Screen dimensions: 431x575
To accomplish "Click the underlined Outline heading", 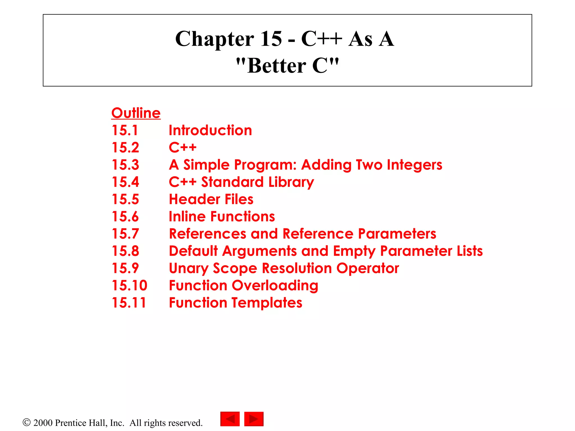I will coord(136,113).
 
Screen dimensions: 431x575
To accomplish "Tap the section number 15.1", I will coord(125,130).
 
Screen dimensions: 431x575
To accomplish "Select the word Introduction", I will coord(210,130).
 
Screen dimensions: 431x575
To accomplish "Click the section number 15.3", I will coord(125,165).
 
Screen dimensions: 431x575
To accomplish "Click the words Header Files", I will coord(211,199).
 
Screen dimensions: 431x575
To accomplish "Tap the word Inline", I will coord(187,217).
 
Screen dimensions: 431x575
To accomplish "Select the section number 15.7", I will coord(125,234).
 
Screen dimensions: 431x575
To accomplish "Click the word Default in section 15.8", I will coord(193,251).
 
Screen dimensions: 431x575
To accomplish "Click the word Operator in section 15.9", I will coord(368,268).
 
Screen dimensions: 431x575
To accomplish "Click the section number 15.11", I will coord(129,303).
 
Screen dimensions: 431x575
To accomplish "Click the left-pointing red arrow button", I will coord(230,419).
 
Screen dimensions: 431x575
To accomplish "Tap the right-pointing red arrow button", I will coord(254,419).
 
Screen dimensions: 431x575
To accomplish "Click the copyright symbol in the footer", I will coord(26,422).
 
